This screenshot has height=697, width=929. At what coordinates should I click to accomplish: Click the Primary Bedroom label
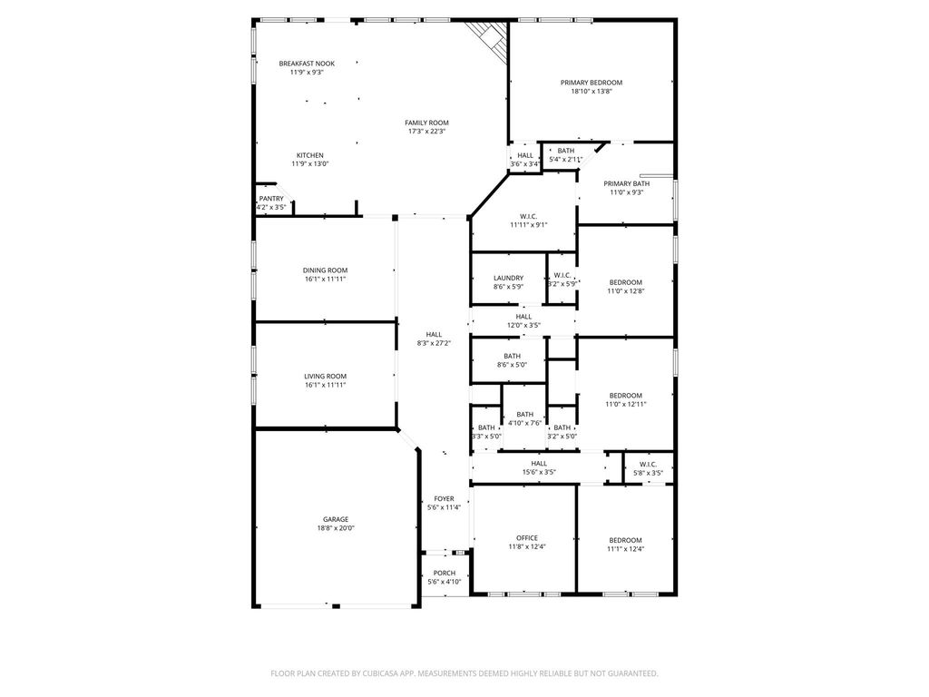[592, 83]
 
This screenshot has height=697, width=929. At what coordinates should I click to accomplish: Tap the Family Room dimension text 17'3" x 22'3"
[426, 132]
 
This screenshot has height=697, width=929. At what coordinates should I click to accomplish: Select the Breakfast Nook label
[307, 64]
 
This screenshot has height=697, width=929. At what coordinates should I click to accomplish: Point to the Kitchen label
[310, 155]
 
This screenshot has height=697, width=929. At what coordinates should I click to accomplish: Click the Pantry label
[271, 199]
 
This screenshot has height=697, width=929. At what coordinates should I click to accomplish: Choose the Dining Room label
[326, 270]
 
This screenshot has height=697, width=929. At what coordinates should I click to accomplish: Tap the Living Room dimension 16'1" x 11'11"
[326, 385]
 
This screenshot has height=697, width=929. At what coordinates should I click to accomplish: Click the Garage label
[336, 519]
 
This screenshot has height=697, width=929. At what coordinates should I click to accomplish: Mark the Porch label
[445, 574]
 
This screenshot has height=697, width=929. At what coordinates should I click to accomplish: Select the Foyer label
[444, 499]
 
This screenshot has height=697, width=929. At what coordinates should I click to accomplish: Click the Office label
[527, 538]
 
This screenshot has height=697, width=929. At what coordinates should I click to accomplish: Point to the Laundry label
[508, 278]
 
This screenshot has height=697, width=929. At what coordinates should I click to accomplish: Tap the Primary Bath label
[626, 183]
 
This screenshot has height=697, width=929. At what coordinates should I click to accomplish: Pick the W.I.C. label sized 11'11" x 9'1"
[529, 216]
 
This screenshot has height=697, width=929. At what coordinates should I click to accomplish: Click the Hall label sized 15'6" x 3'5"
[539, 464]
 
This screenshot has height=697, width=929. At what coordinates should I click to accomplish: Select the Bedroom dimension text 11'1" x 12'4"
[626, 549]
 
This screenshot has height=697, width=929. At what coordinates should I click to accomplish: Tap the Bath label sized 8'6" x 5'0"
[512, 356]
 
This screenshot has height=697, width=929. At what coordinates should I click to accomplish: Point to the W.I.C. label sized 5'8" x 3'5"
[648, 464]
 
